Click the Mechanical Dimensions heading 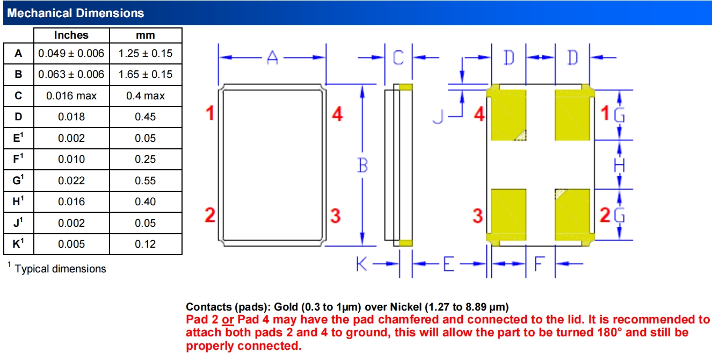coord(75,13)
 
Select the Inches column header coord(71,35)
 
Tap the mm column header coord(146,35)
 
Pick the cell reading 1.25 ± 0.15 coord(146,53)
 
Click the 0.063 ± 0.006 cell coord(71,74)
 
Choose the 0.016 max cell coord(71,96)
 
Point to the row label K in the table coord(18,243)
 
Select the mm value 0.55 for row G coord(146,181)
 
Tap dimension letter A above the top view coord(272,58)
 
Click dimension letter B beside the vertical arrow coord(362,165)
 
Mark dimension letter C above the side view coord(398,57)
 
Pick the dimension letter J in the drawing coord(438,116)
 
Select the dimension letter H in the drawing coord(619,165)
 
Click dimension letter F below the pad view coord(540,264)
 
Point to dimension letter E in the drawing coord(448,264)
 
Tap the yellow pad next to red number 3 coord(508,215)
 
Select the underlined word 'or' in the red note coord(228,320)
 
